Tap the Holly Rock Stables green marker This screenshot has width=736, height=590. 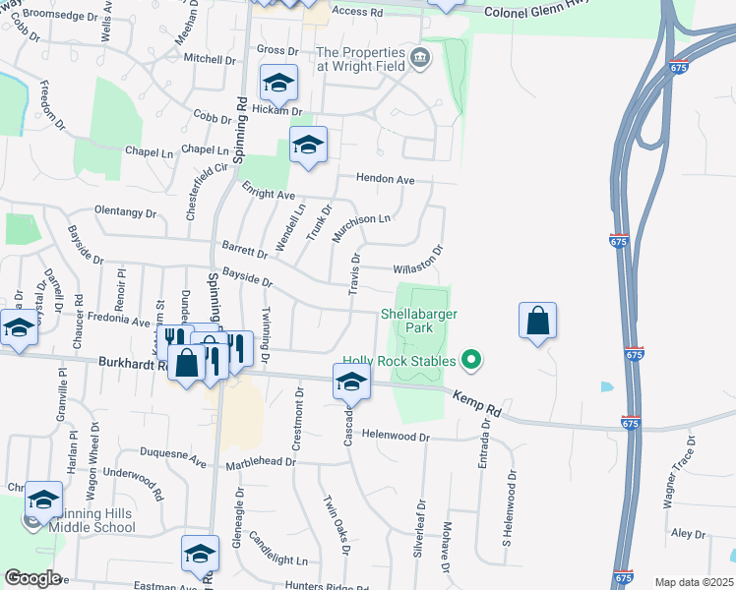[x=471, y=361]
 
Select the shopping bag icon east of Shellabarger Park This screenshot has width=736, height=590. [x=537, y=322]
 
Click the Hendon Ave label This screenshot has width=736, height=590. [x=385, y=180]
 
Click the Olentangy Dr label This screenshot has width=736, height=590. [x=125, y=211]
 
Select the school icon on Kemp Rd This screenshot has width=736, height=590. [x=350, y=382]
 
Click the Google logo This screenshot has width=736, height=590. [x=32, y=578]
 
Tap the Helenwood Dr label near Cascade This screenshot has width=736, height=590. [x=396, y=435]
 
